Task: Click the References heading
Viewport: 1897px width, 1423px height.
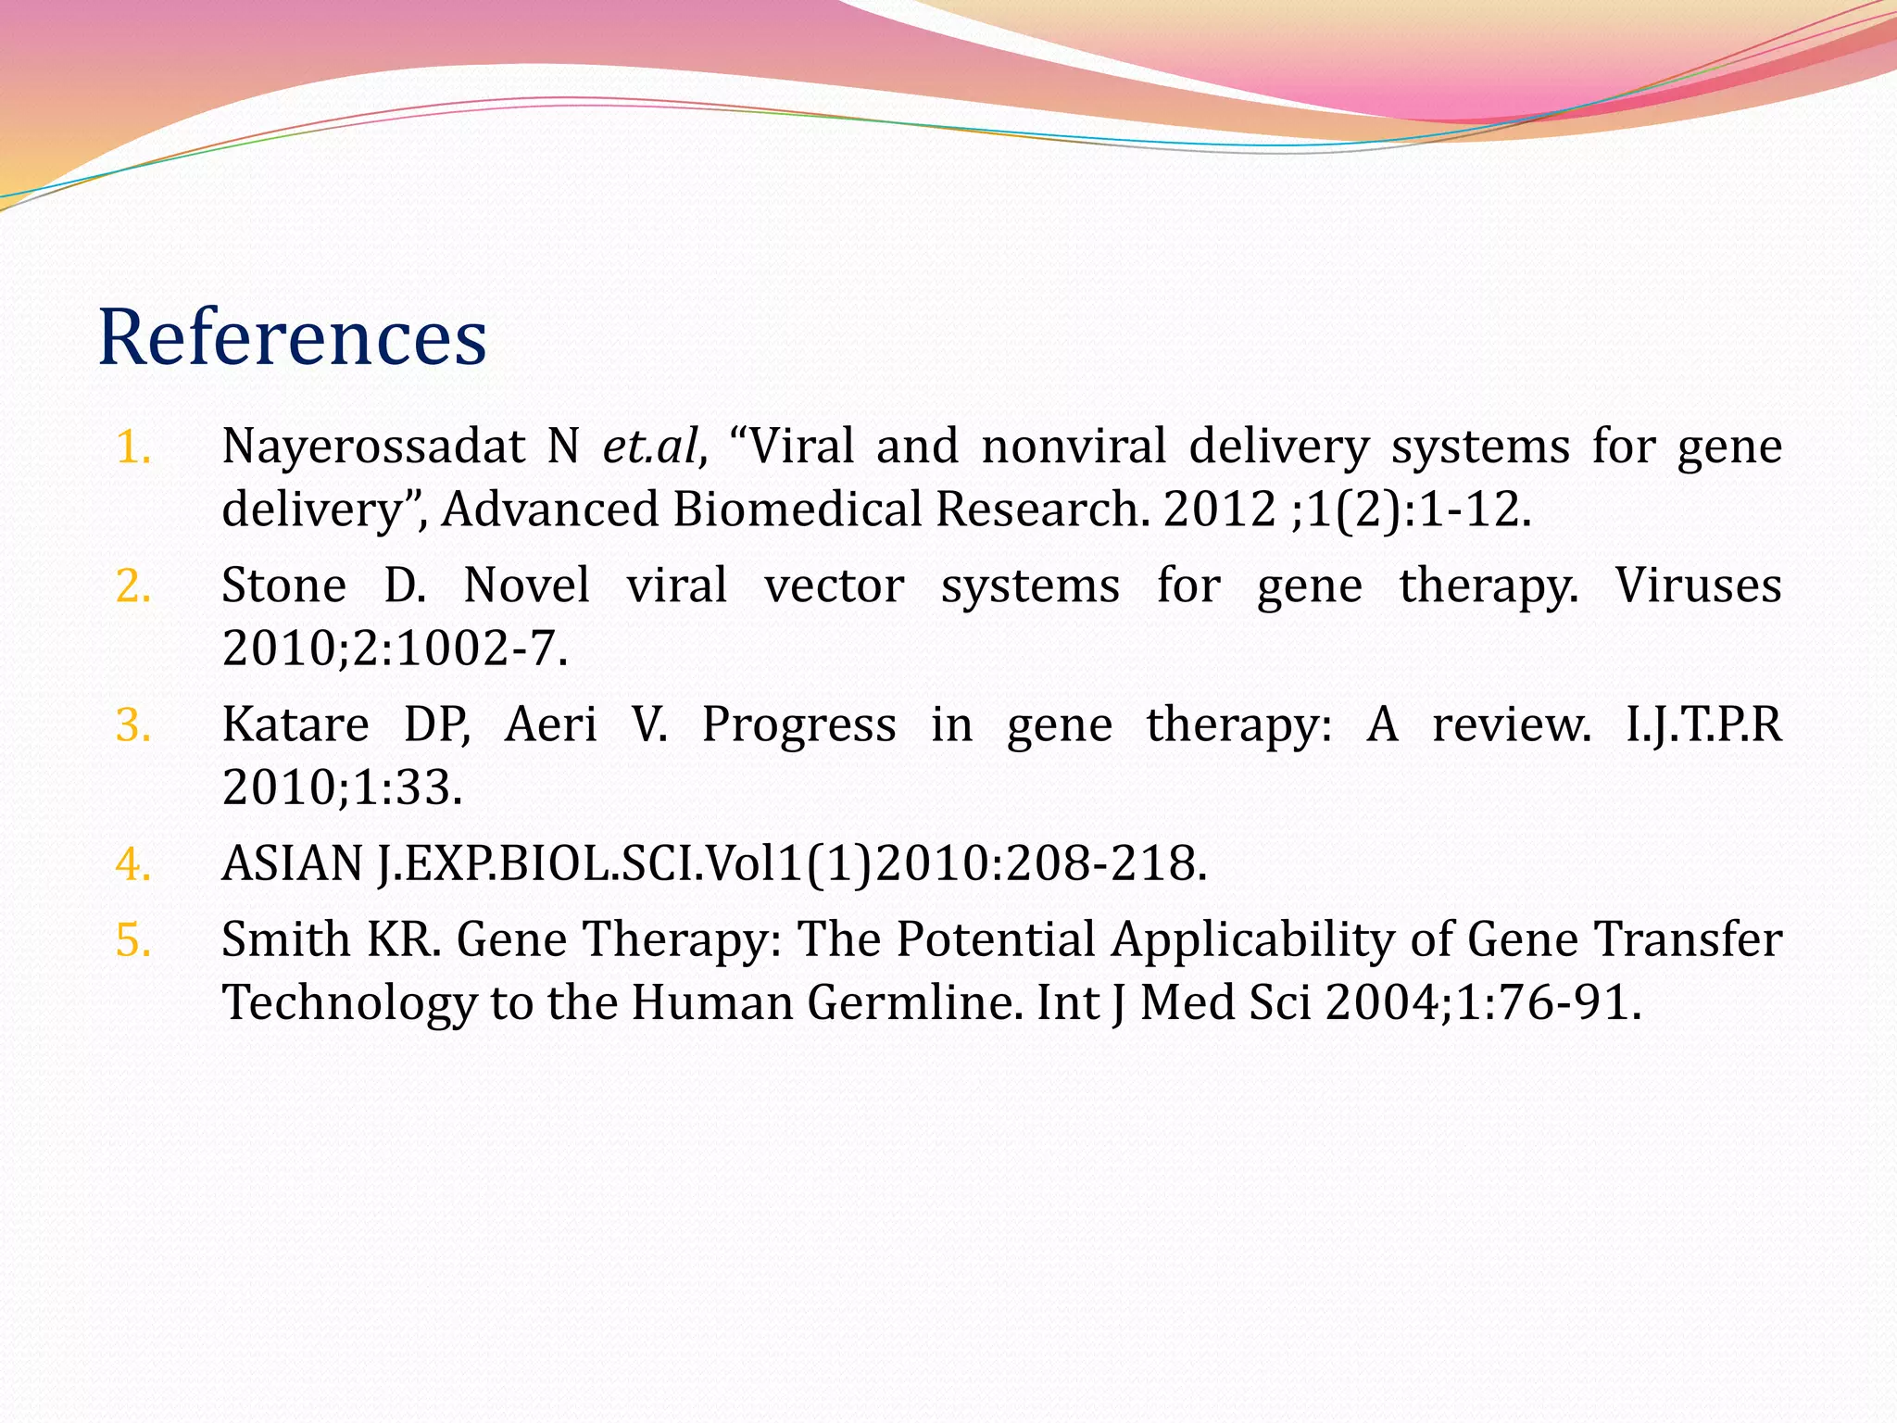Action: click(292, 337)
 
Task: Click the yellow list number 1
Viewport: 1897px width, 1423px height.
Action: click(133, 448)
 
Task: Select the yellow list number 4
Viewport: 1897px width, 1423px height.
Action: click(133, 865)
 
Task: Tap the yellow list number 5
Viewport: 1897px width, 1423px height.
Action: click(133, 941)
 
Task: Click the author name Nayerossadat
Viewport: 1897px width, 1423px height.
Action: click(373, 448)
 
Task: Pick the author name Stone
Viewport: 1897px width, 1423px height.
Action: click(283, 586)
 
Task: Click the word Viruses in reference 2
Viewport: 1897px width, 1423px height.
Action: click(1698, 586)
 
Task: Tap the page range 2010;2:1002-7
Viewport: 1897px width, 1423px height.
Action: click(394, 649)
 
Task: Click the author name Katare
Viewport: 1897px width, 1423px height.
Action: click(295, 724)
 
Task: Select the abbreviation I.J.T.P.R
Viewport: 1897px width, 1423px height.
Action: click(1703, 724)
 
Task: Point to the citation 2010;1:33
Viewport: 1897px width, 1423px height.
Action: click(342, 787)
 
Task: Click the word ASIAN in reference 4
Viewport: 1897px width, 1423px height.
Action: click(292, 863)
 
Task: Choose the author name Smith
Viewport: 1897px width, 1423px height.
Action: click(285, 939)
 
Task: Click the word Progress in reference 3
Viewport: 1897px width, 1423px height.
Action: click(798, 724)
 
